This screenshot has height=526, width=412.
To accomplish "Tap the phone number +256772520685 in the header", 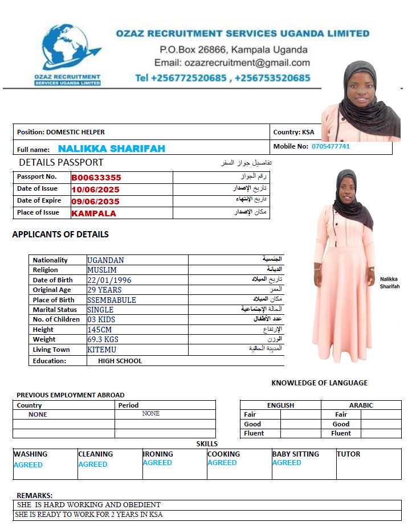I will pos(181,78).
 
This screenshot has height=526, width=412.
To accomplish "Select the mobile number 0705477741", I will pos(331,146).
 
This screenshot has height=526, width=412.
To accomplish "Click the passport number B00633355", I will pos(96,177).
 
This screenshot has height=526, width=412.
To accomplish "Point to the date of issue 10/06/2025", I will pos(95,189).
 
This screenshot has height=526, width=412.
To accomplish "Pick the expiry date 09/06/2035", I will pos(95,201).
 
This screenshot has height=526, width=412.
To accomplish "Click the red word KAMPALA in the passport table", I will pos(93,213).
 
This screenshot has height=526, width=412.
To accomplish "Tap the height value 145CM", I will pos(99,330).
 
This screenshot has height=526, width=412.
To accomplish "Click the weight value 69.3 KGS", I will pos(103,340).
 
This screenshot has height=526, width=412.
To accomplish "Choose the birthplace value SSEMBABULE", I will pos(112,300).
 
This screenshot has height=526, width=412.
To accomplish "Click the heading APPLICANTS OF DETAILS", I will pos(60,234).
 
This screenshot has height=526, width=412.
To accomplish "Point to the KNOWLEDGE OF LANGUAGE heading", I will pos(319,383).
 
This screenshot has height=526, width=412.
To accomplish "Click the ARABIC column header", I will pos(361,405).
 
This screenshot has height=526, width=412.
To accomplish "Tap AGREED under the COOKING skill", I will pos(222,463).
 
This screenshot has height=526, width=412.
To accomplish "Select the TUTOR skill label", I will pos(348,454).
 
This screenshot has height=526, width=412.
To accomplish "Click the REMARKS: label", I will pos(34,495).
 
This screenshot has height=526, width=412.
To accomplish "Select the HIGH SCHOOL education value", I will pos(120,361).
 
